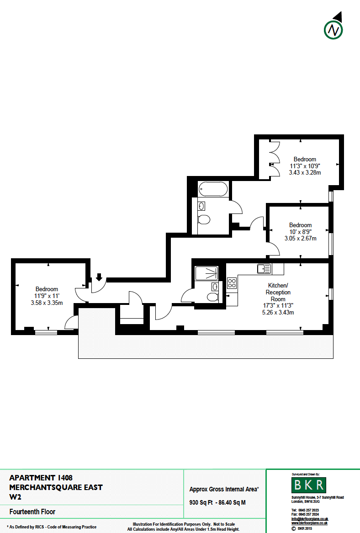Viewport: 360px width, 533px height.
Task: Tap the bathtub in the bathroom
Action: point(213,189)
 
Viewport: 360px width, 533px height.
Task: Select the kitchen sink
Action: point(264,269)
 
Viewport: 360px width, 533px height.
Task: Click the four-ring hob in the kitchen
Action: point(232,283)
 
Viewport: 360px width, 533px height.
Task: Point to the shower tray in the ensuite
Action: point(206,273)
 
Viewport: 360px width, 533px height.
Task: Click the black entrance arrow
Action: point(99,277)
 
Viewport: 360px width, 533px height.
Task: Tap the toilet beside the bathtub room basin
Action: point(204,219)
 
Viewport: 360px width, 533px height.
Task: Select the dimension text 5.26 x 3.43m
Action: point(278,312)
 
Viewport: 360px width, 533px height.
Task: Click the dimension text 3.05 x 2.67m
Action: point(300,238)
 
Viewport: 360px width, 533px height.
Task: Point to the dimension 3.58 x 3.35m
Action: point(47,303)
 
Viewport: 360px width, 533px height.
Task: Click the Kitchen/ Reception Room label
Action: point(278,292)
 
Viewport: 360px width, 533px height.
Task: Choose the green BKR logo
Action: point(309,485)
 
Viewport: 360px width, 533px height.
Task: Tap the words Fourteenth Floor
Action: point(32,512)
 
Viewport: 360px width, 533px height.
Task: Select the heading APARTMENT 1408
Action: point(41,478)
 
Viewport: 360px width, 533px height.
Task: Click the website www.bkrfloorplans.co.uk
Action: point(309,523)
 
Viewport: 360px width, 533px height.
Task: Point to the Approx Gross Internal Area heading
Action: point(224,489)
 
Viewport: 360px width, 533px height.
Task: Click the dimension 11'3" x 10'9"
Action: point(305,166)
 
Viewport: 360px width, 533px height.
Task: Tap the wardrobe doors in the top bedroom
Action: point(274,159)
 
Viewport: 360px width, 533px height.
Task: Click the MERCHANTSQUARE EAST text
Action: point(56,487)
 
